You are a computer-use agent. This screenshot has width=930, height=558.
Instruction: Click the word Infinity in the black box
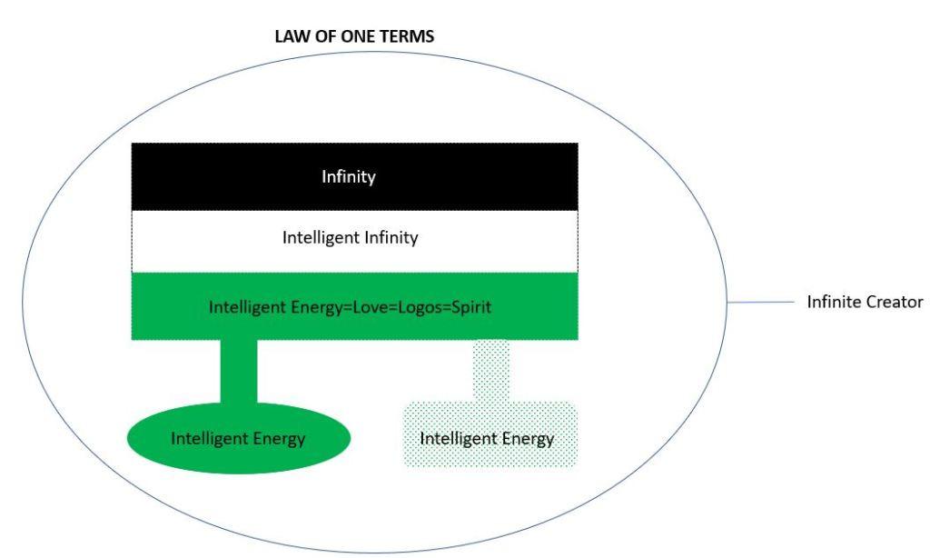point(348,176)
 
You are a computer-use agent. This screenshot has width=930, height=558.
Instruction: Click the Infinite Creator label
point(865,302)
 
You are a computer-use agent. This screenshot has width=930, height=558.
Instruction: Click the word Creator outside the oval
point(894,302)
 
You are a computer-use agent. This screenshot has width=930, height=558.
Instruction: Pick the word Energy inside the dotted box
point(524,438)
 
